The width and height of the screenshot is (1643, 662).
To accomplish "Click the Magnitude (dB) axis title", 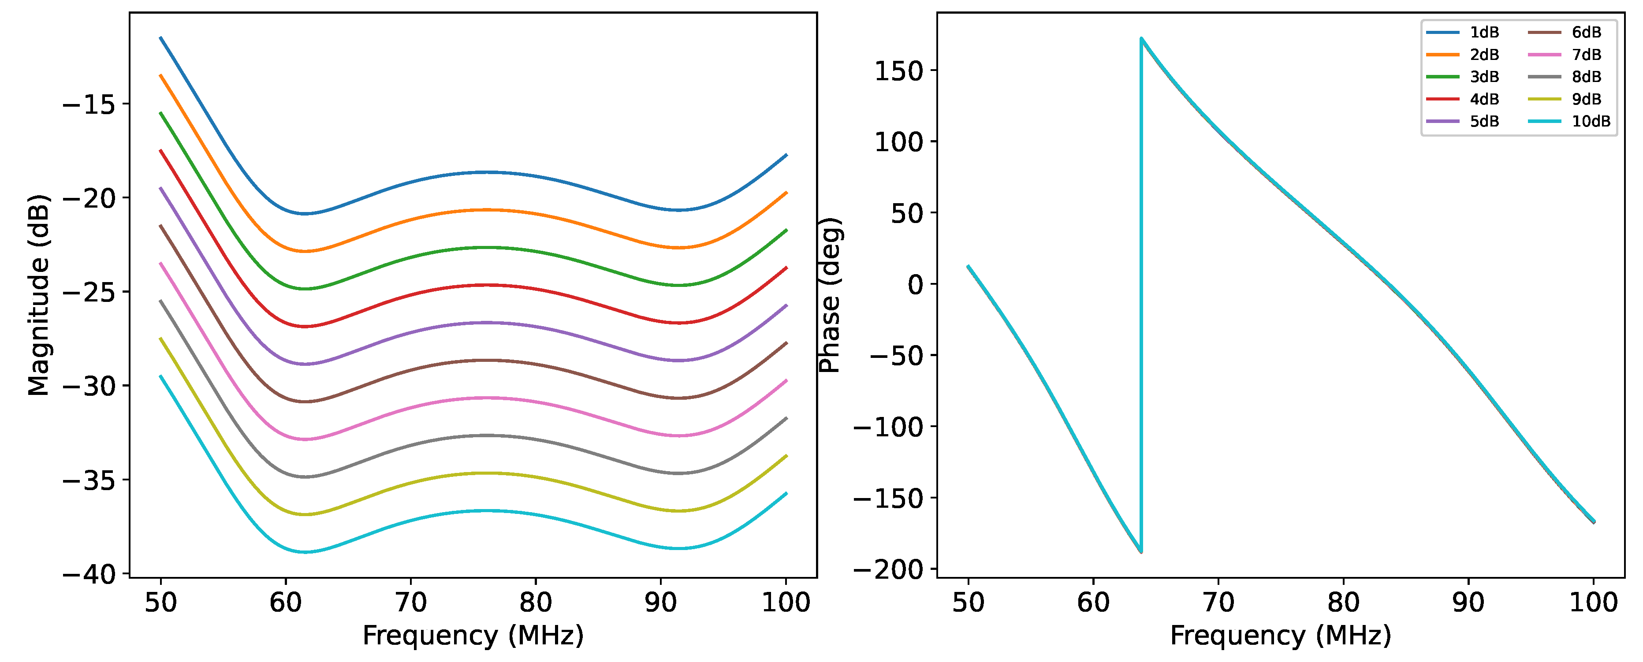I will (x=39, y=295).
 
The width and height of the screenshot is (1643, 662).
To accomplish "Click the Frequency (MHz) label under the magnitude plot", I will (x=473, y=636).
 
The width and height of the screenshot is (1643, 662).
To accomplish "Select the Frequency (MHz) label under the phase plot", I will (x=1280, y=636).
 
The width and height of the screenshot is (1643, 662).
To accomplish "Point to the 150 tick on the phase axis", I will (x=899, y=71).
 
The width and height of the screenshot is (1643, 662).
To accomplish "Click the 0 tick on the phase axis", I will (x=915, y=284).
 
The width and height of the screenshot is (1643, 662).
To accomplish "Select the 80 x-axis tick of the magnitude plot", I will (x=535, y=602).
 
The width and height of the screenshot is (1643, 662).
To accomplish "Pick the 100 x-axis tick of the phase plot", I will (x=1593, y=602).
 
